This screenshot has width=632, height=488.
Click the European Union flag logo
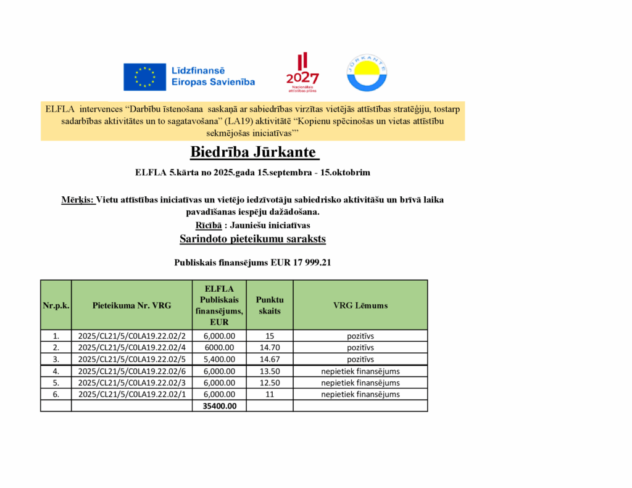(x=144, y=76)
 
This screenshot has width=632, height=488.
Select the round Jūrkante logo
(x=367, y=73)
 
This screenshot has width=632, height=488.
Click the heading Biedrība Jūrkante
(x=252, y=152)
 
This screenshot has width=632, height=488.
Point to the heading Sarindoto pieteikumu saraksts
(x=252, y=238)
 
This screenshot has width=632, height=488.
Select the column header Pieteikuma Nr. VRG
(x=132, y=305)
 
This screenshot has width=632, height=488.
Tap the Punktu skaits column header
(x=270, y=305)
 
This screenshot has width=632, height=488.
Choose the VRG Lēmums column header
(x=360, y=305)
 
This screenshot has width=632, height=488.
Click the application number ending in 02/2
(x=132, y=336)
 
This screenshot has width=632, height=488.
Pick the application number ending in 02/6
(x=132, y=371)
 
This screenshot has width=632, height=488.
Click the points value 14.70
(x=270, y=347)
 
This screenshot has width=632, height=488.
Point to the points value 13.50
(x=270, y=371)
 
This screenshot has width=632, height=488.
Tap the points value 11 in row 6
(x=270, y=394)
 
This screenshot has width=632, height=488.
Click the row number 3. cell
(x=56, y=359)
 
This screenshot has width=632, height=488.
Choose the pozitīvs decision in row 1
(x=360, y=336)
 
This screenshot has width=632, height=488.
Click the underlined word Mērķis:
(x=78, y=200)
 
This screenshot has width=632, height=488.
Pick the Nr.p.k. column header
(x=56, y=305)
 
